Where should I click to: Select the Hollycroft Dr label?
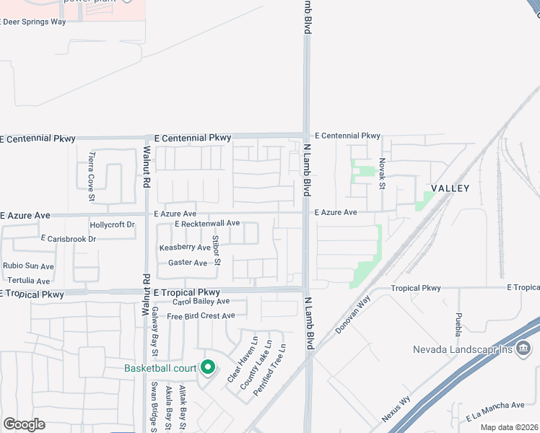(112, 225)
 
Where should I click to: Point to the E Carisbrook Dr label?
(69, 238)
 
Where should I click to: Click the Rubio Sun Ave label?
(29, 266)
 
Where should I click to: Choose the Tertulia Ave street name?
(28, 281)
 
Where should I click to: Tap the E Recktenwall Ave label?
(207, 224)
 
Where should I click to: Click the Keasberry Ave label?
(185, 248)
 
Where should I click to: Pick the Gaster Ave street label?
(188, 263)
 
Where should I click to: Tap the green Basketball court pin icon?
(208, 368)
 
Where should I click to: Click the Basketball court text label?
(160, 368)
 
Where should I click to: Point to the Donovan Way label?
(353, 313)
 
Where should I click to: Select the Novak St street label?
(383, 175)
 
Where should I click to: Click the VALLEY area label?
(450, 188)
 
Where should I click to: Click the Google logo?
(24, 424)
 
